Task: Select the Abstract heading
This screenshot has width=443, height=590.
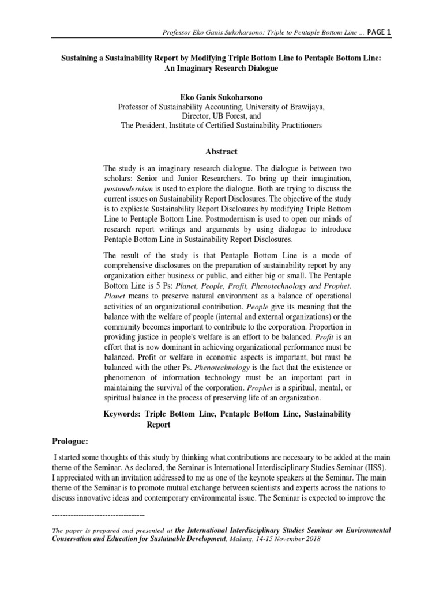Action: pos(221,152)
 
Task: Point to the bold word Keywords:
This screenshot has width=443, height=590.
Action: pos(122,414)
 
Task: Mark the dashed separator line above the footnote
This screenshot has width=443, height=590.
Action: pos(98,514)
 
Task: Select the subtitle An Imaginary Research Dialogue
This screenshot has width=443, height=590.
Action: pos(221,69)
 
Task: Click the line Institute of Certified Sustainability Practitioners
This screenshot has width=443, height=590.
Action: pos(245,125)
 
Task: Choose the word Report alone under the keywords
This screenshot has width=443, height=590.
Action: pos(159,424)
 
